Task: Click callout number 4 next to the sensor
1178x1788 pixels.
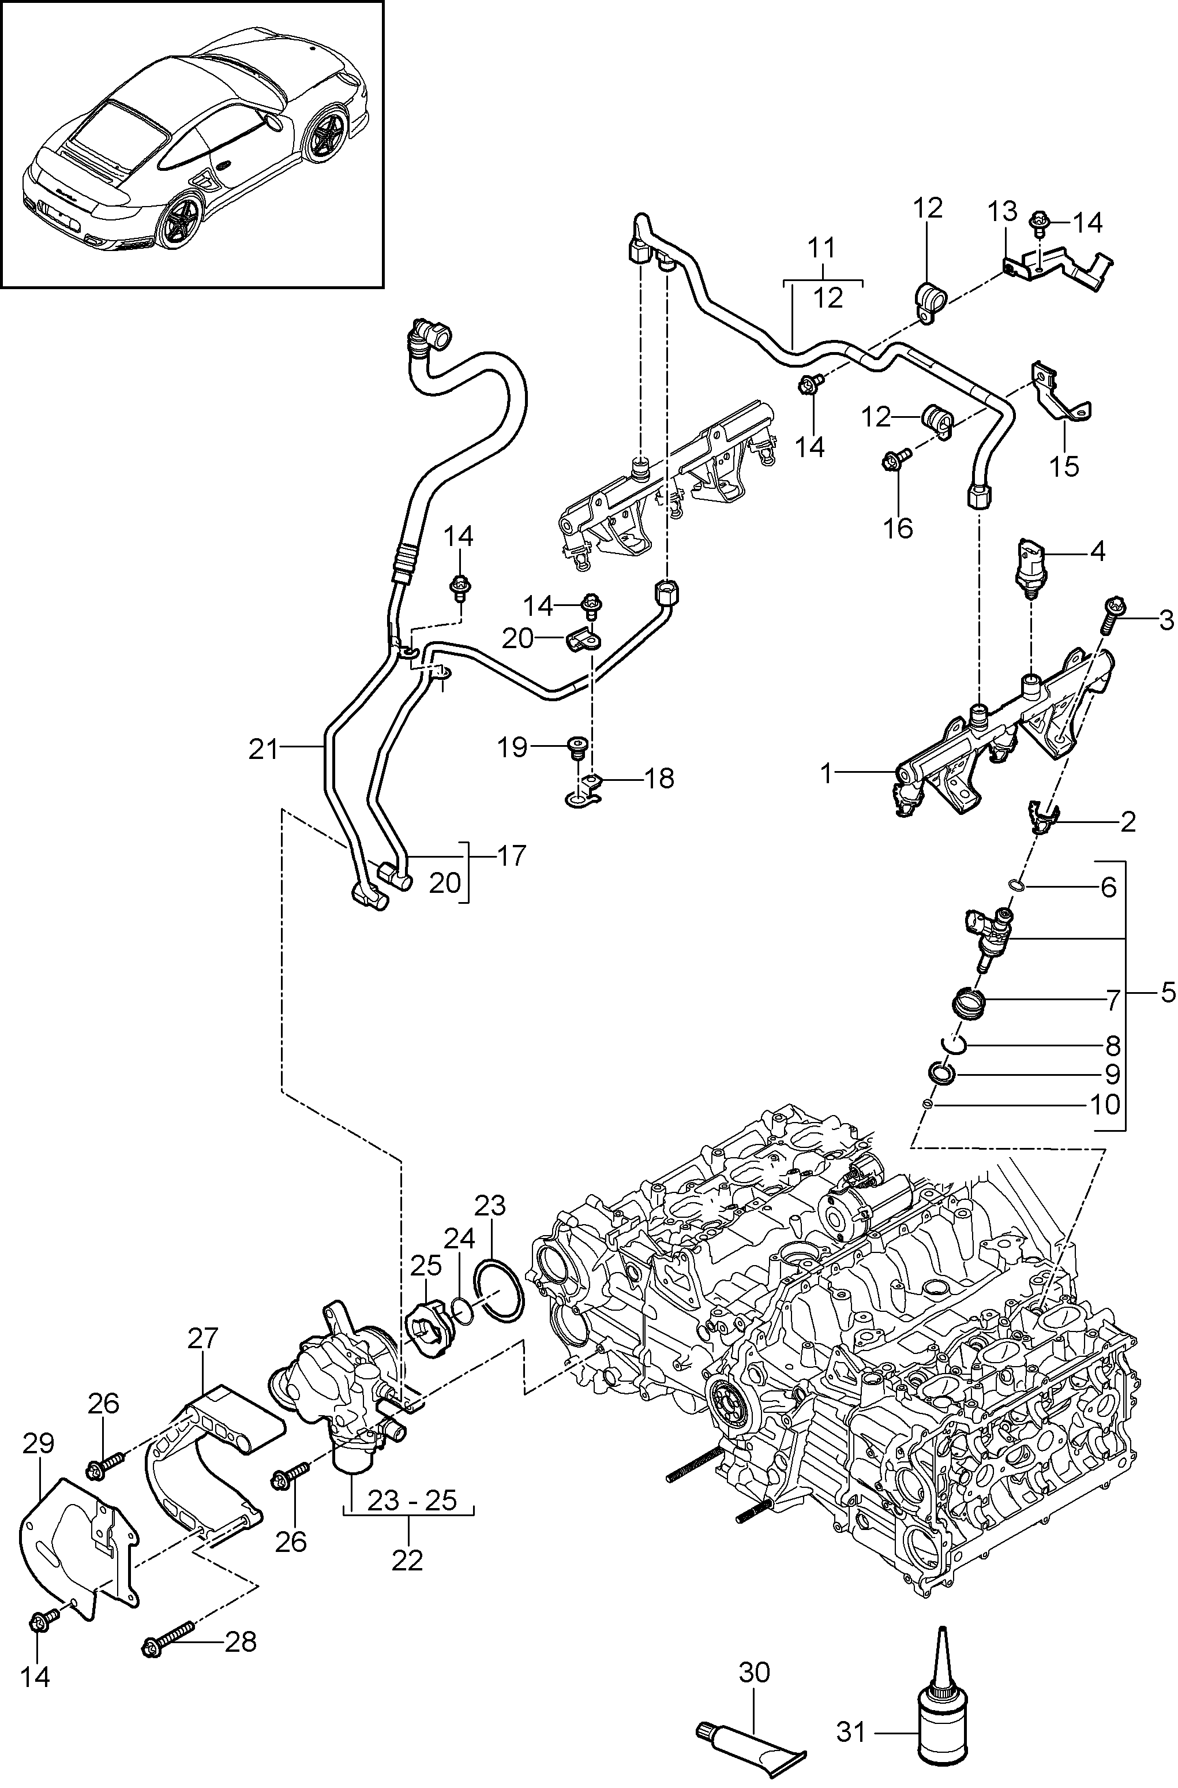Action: click(1097, 552)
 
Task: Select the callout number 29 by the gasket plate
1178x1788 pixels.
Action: click(37, 1443)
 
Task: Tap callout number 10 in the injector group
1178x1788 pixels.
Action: click(1103, 1105)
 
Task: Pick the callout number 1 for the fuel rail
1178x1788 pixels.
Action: click(827, 773)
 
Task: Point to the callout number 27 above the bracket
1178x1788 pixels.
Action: click(203, 1338)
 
